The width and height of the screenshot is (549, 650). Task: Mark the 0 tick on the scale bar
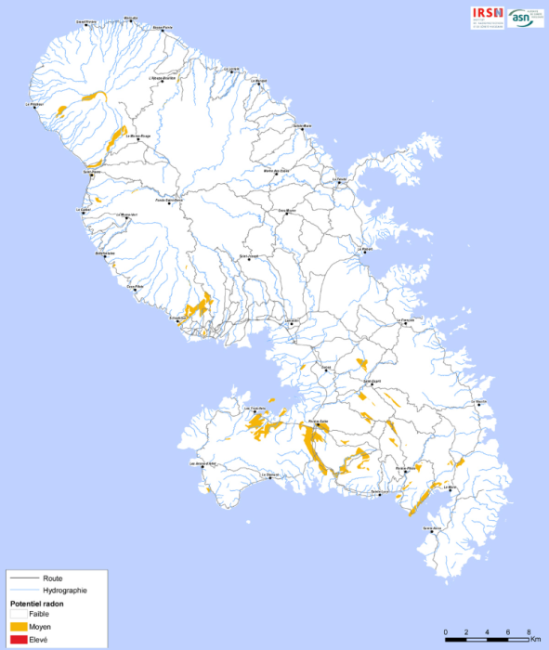446,632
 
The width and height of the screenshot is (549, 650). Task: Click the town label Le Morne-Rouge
139,136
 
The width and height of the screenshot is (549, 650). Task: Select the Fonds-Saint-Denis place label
169,199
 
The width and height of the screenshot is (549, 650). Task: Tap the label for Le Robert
365,249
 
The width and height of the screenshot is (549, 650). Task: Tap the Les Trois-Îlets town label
255,408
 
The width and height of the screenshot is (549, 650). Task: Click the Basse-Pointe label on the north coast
163,27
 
